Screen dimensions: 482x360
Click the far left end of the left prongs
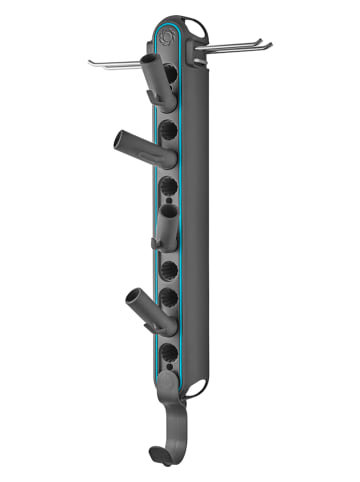(x=91, y=63)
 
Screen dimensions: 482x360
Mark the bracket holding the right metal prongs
(x=203, y=50)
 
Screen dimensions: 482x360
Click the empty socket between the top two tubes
(x=168, y=128)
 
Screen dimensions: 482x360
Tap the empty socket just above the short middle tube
(x=169, y=187)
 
